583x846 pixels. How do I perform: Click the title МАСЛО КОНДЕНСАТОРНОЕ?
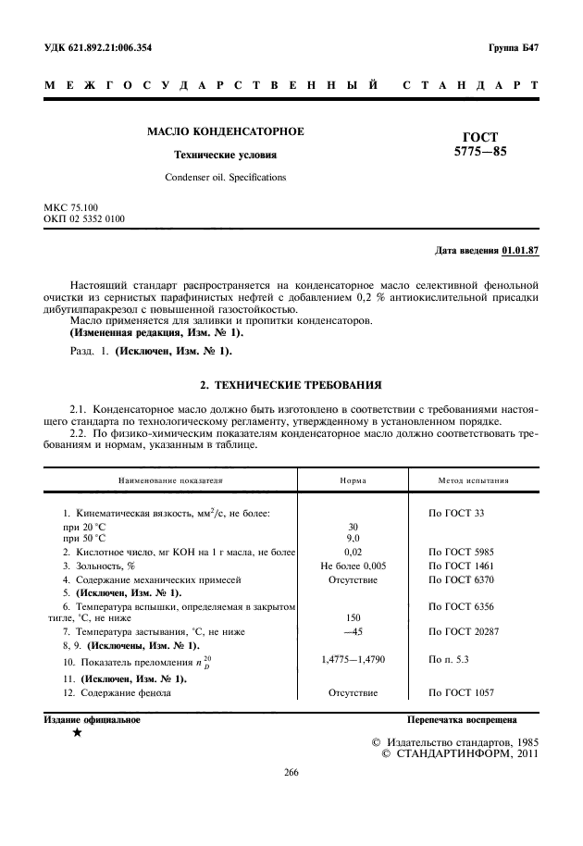[226, 131]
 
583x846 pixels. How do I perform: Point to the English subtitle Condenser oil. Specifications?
[226, 177]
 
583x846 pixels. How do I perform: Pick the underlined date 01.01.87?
[520, 250]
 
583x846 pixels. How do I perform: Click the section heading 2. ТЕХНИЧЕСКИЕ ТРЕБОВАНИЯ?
[291, 383]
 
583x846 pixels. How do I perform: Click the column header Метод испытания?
[472, 481]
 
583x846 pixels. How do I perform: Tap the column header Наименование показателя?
[168, 481]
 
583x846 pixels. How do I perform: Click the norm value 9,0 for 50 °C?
[353, 537]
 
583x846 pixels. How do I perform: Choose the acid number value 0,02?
[353, 551]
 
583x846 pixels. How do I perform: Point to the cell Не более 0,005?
[353, 565]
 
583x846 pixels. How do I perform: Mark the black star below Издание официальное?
[77, 733]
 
